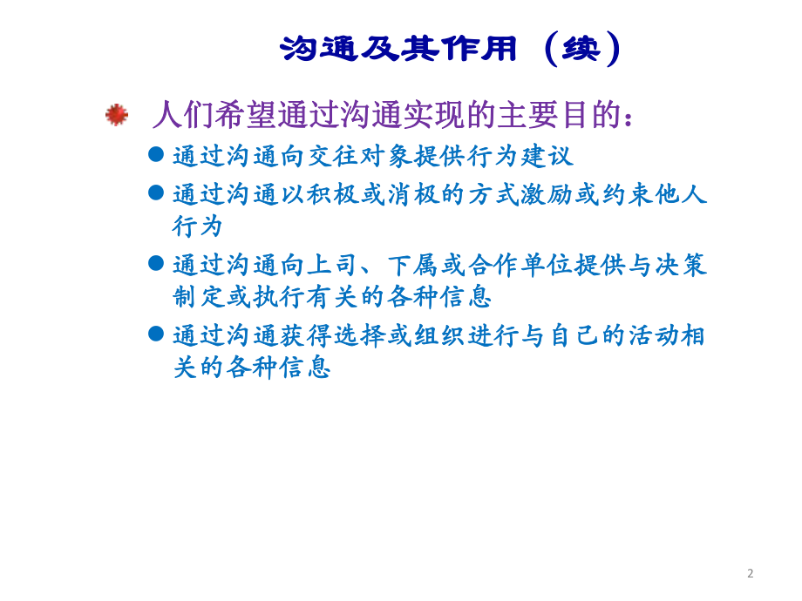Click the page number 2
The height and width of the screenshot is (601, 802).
750,573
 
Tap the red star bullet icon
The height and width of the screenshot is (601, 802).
117,114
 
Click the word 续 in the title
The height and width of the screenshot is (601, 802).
581,49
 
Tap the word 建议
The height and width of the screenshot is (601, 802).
547,157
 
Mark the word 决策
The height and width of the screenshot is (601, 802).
680,265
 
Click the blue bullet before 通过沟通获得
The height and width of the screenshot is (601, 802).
156,333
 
